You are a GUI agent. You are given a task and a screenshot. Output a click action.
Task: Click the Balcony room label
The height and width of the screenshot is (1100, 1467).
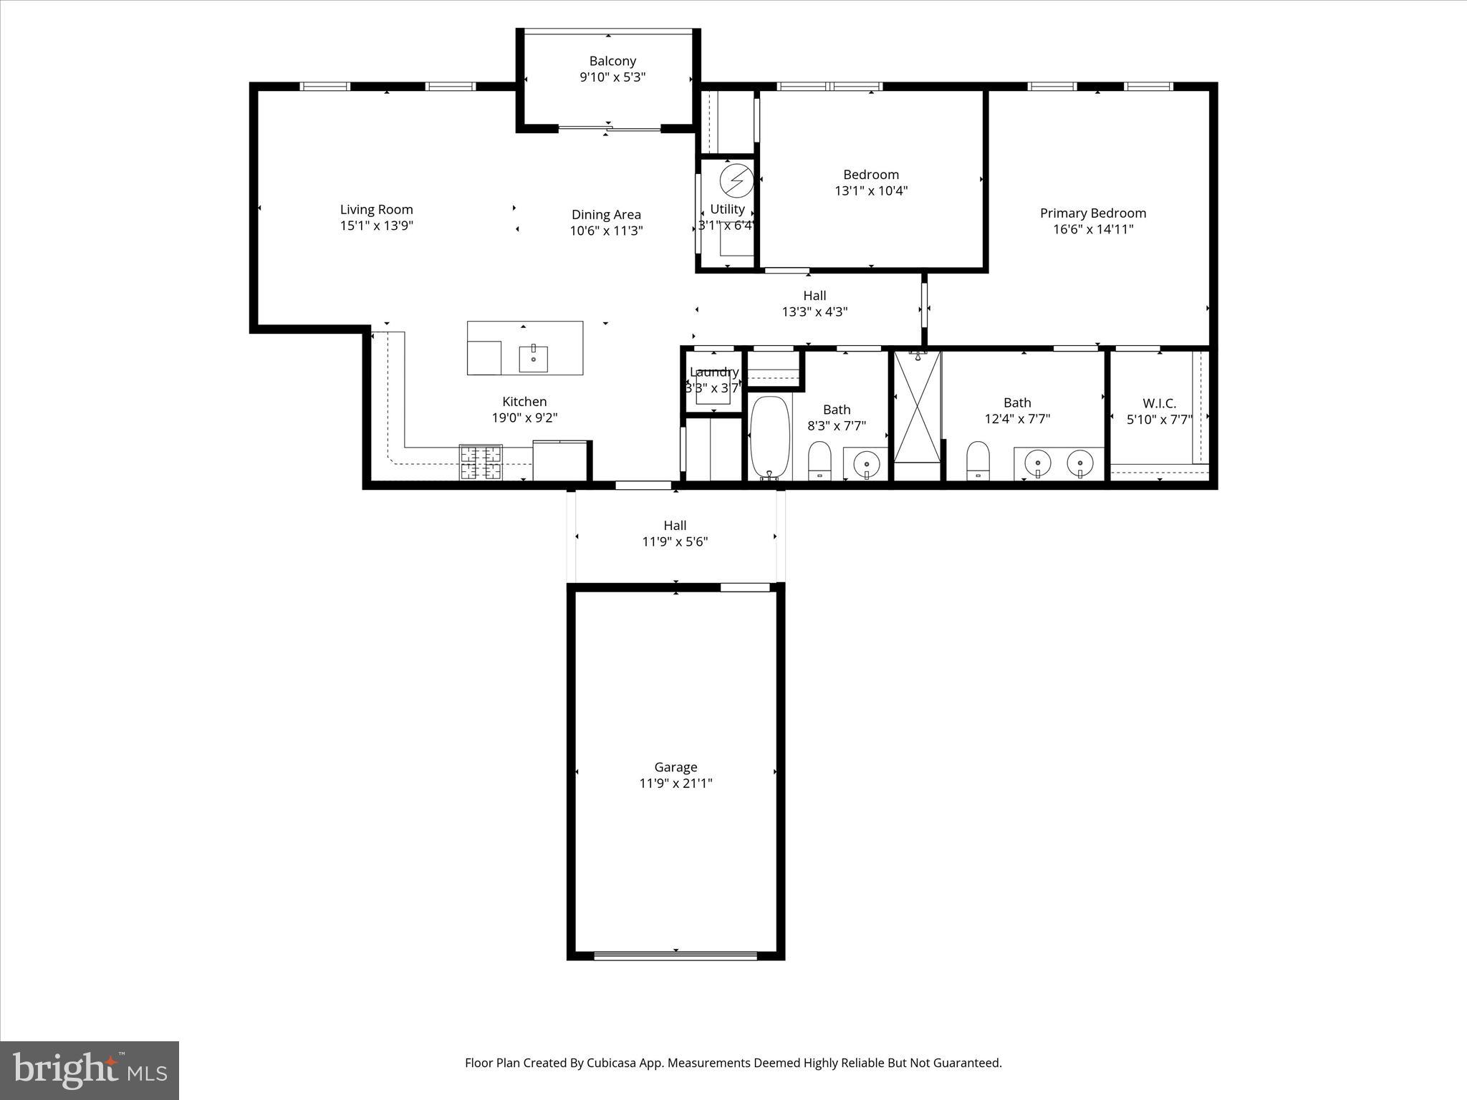(x=612, y=62)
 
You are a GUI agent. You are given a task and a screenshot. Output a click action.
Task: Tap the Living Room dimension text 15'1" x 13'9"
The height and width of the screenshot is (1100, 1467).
(x=376, y=226)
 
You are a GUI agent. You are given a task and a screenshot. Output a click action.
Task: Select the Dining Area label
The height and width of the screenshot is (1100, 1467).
(x=606, y=214)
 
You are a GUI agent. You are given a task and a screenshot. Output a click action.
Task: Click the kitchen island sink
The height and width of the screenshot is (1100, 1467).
(x=534, y=358)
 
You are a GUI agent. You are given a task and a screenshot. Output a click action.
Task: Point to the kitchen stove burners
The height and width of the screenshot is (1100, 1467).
(x=481, y=462)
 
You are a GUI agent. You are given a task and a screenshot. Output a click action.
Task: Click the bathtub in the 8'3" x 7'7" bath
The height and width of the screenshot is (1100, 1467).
(x=770, y=437)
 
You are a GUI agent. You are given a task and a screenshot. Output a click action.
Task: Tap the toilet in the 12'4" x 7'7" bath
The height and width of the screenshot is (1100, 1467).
(x=978, y=459)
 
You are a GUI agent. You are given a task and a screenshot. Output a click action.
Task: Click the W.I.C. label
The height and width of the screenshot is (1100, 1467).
(x=1159, y=403)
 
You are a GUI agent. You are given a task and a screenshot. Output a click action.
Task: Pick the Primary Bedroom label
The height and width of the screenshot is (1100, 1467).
(x=1093, y=213)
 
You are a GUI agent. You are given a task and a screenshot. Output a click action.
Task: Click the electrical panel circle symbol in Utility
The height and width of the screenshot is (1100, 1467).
(x=737, y=180)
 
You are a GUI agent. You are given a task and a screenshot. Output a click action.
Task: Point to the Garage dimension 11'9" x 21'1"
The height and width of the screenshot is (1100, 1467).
(x=675, y=783)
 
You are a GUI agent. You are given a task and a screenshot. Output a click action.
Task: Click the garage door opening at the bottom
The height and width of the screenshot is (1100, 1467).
(x=675, y=955)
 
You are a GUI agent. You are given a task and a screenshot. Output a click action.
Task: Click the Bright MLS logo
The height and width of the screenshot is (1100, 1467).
(x=90, y=1069)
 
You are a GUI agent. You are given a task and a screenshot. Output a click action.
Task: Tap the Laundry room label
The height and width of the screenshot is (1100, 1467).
(x=713, y=372)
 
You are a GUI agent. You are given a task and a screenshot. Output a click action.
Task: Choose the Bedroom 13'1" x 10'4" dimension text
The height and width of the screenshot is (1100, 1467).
(x=871, y=191)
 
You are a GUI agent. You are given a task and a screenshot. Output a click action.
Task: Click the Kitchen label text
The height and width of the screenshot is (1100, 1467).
(x=524, y=402)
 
